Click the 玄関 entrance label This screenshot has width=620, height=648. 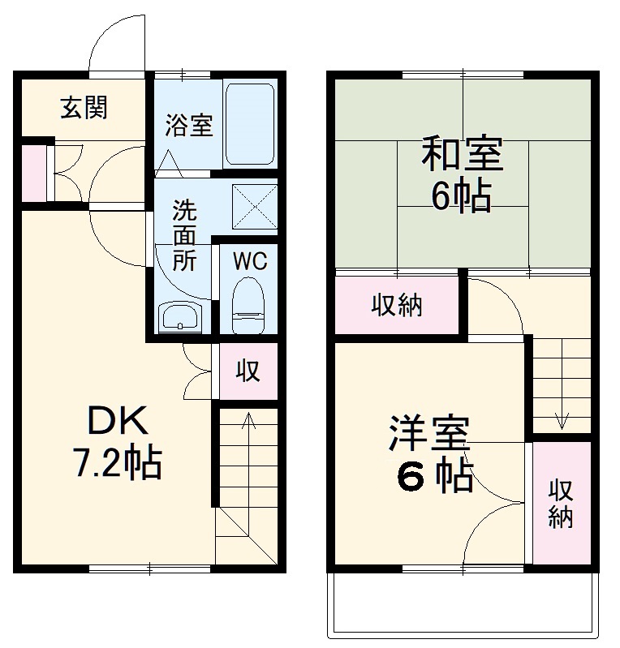[84, 107]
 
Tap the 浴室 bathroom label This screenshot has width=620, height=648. [189, 126]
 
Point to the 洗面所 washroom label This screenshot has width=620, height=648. [183, 235]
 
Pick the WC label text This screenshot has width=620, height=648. [249, 261]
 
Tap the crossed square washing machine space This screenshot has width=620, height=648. [253, 206]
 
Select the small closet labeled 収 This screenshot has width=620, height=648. [248, 371]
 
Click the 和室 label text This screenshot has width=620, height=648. [462, 154]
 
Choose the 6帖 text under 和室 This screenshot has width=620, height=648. [461, 196]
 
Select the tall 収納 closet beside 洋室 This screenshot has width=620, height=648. [561, 503]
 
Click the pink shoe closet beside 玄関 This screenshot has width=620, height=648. [34, 173]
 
